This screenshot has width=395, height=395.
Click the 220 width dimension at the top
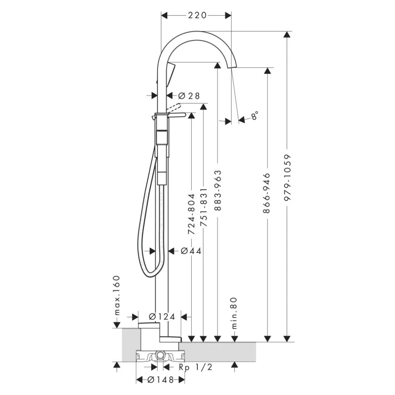point(197,15)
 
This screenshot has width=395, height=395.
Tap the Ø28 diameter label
point(189,96)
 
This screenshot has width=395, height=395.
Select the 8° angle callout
point(254,116)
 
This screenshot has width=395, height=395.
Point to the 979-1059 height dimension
point(288,178)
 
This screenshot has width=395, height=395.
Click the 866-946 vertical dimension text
point(267,193)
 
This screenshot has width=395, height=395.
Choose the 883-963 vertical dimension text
point(217,190)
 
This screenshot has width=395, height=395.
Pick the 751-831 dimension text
point(203,207)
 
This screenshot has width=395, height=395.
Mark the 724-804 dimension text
point(192,214)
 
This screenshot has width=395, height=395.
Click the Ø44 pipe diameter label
point(191,251)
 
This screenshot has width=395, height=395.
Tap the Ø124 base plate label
point(162,317)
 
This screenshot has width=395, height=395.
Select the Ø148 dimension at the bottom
point(160,380)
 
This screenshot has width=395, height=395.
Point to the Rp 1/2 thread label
point(196,367)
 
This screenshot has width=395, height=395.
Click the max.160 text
point(116,295)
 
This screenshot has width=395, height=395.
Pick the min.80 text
point(234,313)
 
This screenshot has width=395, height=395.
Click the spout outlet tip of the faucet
point(232,66)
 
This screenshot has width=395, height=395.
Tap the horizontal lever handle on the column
point(176,115)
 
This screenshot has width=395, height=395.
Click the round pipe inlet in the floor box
point(159,355)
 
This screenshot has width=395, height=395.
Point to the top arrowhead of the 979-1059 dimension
point(287,34)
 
